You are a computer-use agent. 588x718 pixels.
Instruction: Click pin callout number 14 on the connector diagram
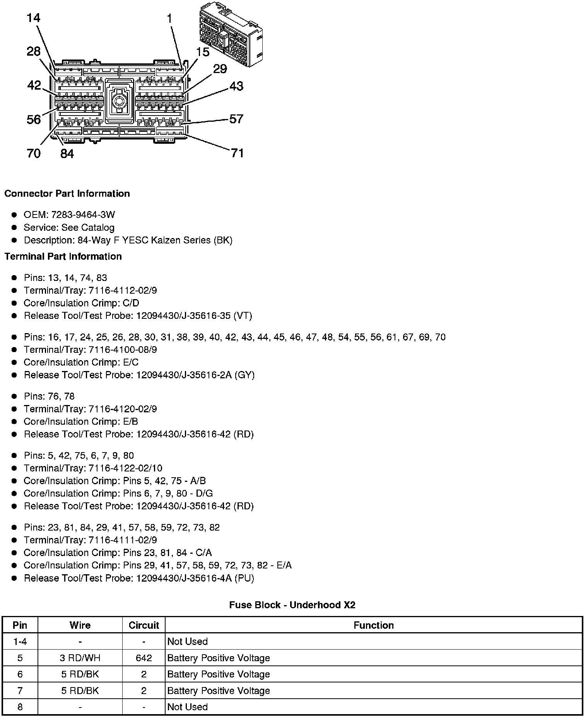tap(34, 18)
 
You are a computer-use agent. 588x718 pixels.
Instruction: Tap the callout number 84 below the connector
tap(67, 154)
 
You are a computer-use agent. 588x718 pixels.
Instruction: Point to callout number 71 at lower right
tap(237, 153)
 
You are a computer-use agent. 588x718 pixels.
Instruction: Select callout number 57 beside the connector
tap(236, 119)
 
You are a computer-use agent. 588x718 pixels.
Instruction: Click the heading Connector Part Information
tap(67, 194)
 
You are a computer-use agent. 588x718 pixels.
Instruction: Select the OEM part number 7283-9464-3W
tap(83, 215)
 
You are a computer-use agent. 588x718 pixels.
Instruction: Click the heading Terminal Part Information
tap(63, 257)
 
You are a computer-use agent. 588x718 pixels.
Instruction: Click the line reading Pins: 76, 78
tap(49, 396)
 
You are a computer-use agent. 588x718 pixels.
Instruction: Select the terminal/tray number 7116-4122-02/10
tap(125, 468)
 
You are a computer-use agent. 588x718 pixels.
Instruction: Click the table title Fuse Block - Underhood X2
tap(292, 605)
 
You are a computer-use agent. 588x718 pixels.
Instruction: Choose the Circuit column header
tap(144, 625)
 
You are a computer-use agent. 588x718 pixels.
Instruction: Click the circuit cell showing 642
tap(144, 658)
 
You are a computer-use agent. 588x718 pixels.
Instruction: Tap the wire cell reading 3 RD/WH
tap(80, 658)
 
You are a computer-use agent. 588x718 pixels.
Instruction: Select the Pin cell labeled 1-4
tap(20, 642)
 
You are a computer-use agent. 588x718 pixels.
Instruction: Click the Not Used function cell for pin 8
tap(188, 707)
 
